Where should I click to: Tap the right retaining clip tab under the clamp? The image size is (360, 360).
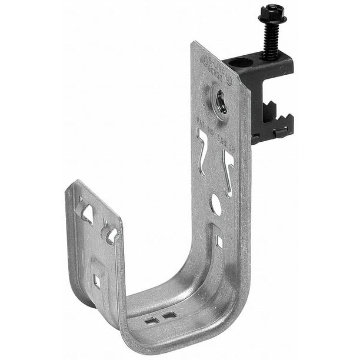click(281, 133)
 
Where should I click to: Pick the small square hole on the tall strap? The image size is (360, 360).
click(219, 241)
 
